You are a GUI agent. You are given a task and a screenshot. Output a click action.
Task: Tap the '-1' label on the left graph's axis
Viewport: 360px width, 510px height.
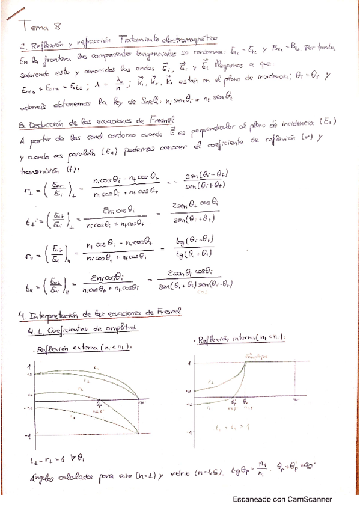(26, 435)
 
